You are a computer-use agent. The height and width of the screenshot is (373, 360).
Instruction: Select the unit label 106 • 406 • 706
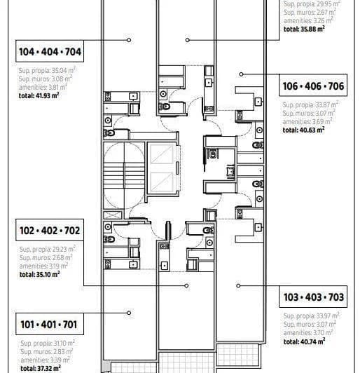(x=312, y=87)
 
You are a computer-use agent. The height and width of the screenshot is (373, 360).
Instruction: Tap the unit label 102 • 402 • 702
(x=50, y=230)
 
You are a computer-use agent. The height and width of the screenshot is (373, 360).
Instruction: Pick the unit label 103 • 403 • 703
(x=313, y=297)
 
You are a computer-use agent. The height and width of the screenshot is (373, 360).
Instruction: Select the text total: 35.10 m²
(x=39, y=274)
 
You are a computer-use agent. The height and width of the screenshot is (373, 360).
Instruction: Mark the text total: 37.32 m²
(x=39, y=367)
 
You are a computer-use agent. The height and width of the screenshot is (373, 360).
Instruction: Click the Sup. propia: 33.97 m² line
(x=307, y=316)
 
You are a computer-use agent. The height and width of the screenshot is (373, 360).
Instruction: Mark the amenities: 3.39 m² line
(x=41, y=359)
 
